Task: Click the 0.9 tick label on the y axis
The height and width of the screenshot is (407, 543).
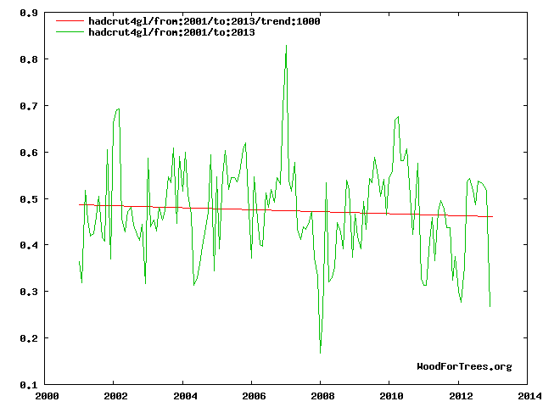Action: pos(30,13)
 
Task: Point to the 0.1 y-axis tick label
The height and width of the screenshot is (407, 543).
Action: pos(30,385)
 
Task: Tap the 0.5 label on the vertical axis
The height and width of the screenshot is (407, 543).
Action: pos(30,199)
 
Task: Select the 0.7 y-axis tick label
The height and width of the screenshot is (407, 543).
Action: pos(30,106)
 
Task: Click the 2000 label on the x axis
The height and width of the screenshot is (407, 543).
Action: pos(46,396)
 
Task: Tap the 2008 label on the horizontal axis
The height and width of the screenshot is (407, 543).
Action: pos(321,396)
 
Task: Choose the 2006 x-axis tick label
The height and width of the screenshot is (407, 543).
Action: pos(252,396)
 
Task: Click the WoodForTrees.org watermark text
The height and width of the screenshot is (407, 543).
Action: pos(464,366)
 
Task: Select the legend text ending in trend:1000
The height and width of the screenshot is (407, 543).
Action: pos(204,21)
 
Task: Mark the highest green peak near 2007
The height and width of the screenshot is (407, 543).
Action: pos(286,45)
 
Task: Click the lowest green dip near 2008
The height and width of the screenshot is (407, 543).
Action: pos(320,353)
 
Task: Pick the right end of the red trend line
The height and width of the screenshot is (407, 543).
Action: pos(492,217)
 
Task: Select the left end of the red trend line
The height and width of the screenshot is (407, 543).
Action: pos(80,204)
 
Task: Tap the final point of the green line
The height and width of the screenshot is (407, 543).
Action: pos(490,306)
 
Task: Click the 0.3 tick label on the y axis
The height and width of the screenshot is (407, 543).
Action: pos(30,292)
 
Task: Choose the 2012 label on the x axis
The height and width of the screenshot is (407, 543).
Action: pos(458,396)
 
